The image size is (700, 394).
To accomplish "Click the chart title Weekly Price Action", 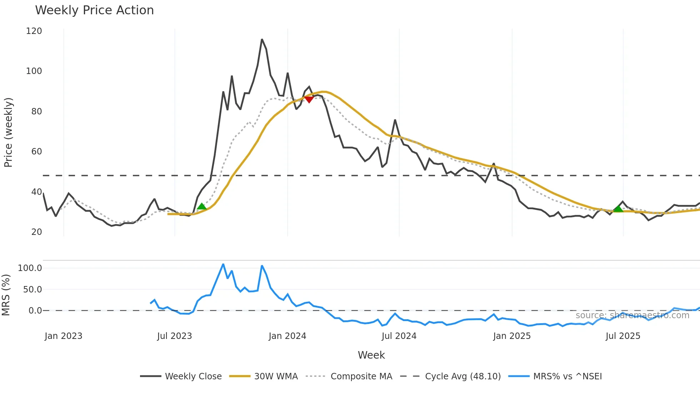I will pos(94,10).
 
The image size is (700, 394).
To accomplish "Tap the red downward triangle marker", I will pos(309,99).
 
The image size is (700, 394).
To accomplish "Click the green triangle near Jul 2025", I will pos(618,208).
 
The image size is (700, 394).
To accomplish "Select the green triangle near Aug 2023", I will pos(202,206).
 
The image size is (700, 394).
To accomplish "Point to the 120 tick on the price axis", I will pos(34,31).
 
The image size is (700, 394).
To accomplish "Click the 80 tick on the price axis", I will pos(36,112).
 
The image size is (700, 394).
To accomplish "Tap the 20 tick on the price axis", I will pos(36,232).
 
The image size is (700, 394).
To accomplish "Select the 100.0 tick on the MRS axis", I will pos(30,268).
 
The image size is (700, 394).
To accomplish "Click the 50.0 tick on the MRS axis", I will pos(32,290).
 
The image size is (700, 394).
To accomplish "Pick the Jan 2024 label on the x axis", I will pos(287,336).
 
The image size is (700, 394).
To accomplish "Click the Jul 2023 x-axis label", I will pos(175,336).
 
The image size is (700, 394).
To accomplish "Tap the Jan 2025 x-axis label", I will pos(512,336).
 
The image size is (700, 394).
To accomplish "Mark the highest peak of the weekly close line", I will pos(262,39).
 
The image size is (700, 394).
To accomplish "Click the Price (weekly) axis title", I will pos(8,132).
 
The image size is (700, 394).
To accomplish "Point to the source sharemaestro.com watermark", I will pos(632,315).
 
